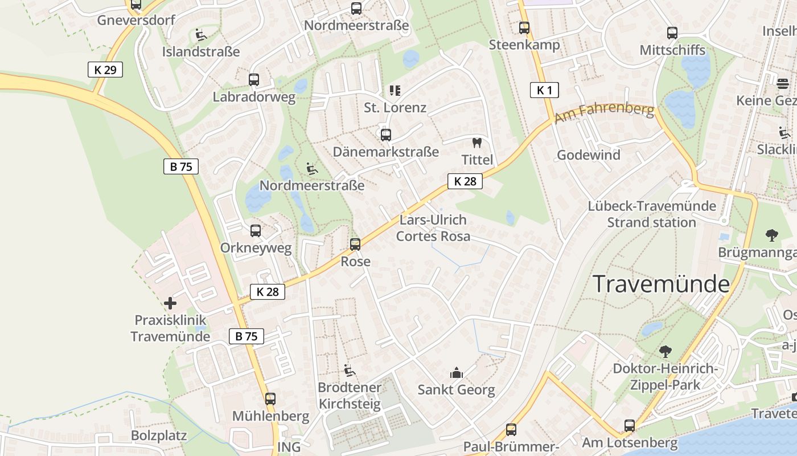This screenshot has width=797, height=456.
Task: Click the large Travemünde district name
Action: pos(661,284)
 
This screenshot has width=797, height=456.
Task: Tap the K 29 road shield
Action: pos(105,70)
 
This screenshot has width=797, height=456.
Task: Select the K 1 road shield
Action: pos(544,89)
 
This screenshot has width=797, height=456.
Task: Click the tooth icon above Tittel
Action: pos(477,143)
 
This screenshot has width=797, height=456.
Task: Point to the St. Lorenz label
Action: pos(395,107)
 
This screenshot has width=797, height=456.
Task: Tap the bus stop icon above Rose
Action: pos(355,245)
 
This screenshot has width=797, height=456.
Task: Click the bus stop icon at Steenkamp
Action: pos(524,27)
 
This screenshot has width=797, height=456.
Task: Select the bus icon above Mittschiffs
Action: pos(672,33)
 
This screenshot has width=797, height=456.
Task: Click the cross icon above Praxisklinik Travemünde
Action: pos(170,303)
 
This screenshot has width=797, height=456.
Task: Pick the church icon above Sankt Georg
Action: pos(456,373)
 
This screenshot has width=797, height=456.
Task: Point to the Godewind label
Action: pos(588,155)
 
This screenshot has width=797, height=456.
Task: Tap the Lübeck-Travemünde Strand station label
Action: pos(651,214)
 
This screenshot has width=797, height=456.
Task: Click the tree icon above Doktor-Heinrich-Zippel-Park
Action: pos(665,352)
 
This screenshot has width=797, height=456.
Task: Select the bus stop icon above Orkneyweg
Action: pos(256,231)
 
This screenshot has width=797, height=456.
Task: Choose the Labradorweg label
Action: pos(254,97)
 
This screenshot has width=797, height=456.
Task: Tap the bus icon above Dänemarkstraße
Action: pos(386,135)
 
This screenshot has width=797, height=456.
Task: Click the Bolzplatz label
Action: pos(159,436)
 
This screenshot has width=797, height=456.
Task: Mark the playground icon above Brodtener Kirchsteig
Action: pos(350,370)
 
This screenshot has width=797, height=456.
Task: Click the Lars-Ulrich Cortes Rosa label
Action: pos(433,228)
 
